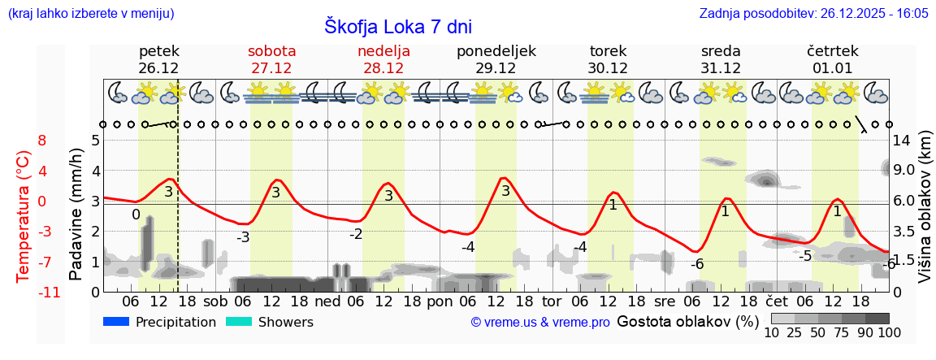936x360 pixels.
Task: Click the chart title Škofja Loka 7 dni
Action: tap(397, 26)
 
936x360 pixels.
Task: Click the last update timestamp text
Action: tap(813, 14)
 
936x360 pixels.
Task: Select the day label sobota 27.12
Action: tap(271, 59)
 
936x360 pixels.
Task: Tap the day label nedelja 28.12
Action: tap(383, 59)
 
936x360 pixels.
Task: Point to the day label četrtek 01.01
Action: tap(832, 59)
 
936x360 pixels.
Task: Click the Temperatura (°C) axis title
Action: tap(24, 216)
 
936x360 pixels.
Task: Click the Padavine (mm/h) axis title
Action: tap(76, 215)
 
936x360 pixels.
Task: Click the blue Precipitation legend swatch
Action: tap(116, 323)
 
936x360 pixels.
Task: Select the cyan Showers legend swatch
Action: tap(239, 323)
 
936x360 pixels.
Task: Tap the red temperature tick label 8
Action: tap(42, 141)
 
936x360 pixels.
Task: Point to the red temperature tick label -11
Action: tap(49, 292)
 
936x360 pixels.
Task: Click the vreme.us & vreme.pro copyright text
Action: tap(540, 323)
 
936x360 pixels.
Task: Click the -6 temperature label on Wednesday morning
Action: tap(697, 264)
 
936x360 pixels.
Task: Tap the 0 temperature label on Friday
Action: tap(136, 215)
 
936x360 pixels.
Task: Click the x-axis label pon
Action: tap(440, 301)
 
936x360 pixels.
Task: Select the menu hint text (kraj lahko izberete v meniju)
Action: tap(90, 14)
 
